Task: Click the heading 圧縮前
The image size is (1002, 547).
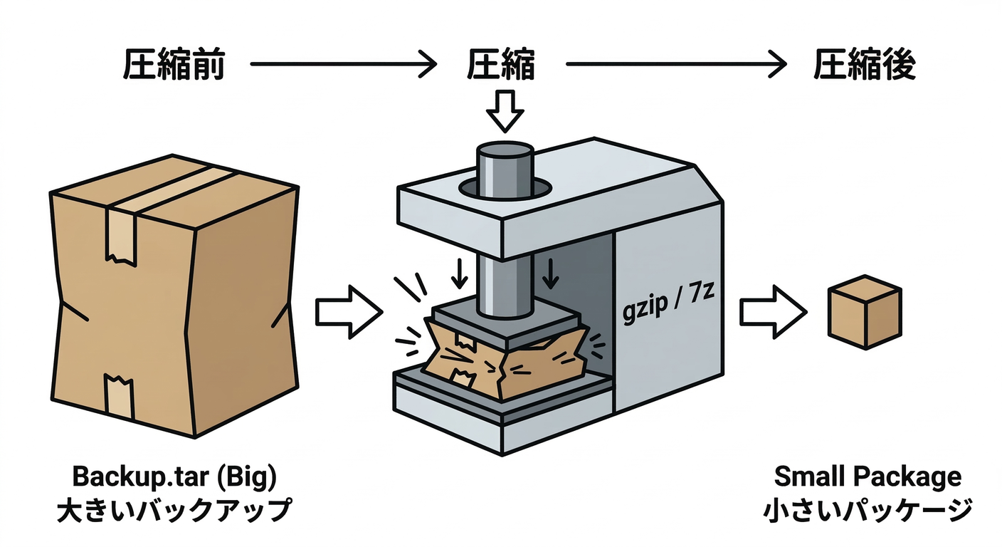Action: coord(174,66)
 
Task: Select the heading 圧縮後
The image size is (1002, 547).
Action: coord(864,66)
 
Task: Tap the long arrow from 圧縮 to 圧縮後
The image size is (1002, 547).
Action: coord(676,66)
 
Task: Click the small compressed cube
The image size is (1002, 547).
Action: coord(863,314)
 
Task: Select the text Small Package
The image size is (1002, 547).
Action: coord(867,476)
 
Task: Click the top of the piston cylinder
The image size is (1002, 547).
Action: coord(505,151)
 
